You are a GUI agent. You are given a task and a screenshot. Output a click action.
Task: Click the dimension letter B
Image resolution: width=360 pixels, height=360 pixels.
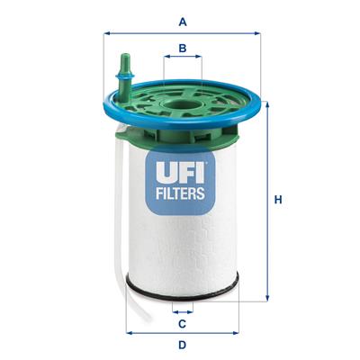[183, 48]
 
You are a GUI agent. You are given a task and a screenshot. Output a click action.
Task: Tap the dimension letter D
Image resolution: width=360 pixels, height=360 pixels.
[182, 345]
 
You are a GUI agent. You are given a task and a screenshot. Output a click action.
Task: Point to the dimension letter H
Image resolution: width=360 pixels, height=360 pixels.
[280, 199]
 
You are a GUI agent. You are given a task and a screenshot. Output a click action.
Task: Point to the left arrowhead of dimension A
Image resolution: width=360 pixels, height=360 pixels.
[110, 33]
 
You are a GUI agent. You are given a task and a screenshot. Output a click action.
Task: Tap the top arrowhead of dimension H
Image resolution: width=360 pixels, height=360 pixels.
[266, 100]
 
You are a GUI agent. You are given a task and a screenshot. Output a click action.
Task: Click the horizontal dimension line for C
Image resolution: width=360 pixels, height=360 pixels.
[182, 308]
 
